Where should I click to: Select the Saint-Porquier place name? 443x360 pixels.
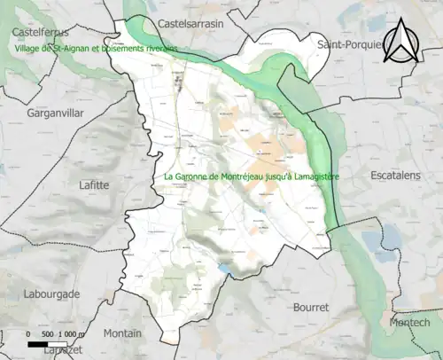351,43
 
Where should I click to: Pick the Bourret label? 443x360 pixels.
310,307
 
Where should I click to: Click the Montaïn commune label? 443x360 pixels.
122,333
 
